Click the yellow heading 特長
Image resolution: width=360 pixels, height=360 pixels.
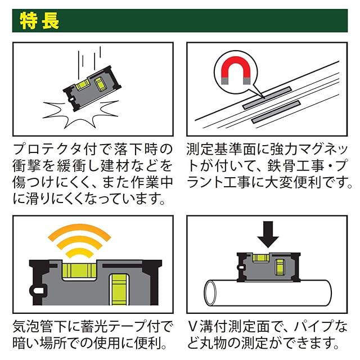[x=39, y=21]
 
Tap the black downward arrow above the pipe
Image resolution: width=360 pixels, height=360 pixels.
[x=268, y=235]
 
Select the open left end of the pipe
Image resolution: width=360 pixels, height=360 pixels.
[x=210, y=293]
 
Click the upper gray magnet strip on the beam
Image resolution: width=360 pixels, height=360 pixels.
[x=267, y=97]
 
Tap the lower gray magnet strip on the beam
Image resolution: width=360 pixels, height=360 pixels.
[x=276, y=112]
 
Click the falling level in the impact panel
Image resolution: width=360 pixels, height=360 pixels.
[x=92, y=88]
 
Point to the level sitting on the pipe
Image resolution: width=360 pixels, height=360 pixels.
[x=268, y=267]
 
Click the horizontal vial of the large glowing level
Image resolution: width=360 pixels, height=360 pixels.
[x=79, y=271]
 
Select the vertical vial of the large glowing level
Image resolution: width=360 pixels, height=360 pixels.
[x=119, y=290]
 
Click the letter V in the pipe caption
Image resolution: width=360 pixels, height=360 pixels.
[x=193, y=326]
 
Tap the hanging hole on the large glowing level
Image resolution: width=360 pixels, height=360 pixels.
[x=38, y=291]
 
